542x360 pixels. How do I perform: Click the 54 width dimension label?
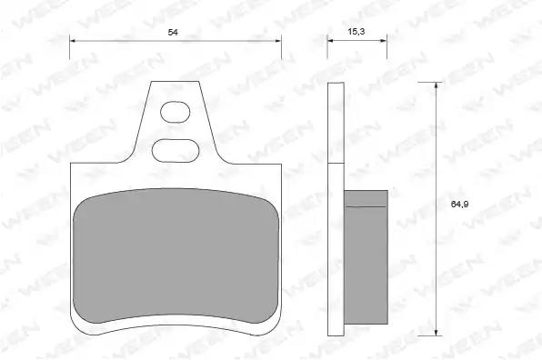point(173,32)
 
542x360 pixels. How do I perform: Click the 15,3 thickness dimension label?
point(356,32)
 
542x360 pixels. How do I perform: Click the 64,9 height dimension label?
point(459,205)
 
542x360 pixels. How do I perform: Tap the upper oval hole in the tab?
point(176,112)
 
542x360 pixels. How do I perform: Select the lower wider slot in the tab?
point(176,151)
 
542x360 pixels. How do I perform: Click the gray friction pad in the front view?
point(176,255)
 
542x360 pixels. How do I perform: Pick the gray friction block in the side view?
point(366,257)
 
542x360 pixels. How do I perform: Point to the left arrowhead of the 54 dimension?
point(73,41)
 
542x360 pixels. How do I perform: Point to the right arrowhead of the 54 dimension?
point(278,41)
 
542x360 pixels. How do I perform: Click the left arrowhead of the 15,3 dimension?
point(330,40)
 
